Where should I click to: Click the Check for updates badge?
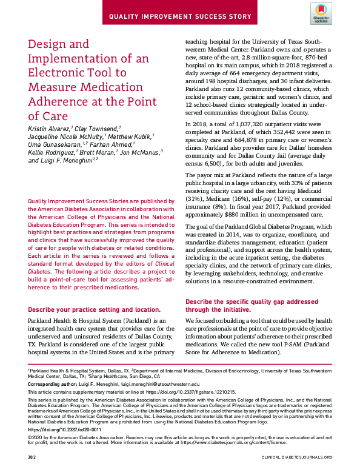tap(321, 13)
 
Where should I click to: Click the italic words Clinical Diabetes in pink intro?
tap(158, 266)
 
